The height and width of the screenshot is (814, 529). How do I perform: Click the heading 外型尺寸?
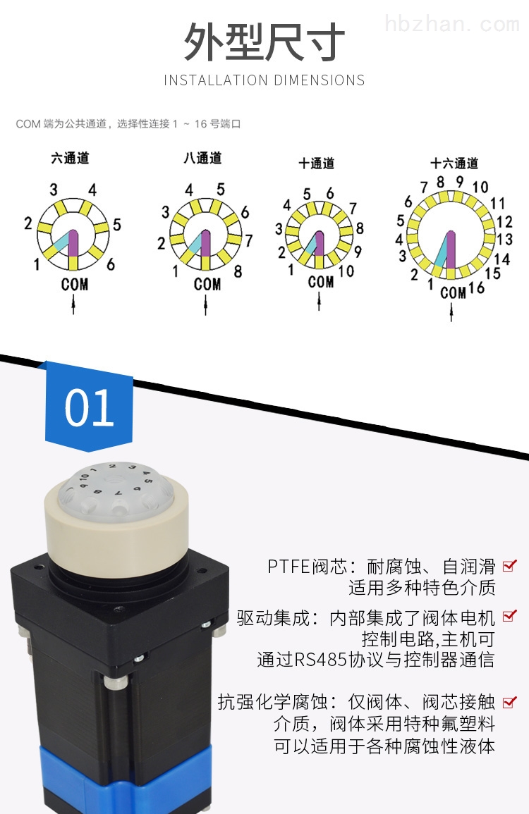[264, 42]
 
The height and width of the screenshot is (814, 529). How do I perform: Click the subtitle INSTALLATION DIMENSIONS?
[264, 80]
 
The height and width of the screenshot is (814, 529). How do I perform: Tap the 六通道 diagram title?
[70, 158]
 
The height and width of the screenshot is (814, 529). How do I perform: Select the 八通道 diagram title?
[202, 158]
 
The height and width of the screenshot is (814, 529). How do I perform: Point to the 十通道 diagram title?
[317, 163]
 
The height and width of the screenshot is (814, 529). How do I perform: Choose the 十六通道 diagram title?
[454, 163]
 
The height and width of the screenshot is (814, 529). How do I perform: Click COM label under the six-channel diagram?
[74, 285]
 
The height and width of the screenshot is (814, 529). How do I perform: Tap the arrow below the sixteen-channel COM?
[451, 312]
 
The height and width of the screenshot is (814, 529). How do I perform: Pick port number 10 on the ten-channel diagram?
[346, 271]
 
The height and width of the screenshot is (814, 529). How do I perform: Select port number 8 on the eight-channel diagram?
[238, 271]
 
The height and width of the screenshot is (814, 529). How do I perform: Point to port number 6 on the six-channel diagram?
[111, 264]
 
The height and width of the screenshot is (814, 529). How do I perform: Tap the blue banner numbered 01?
[89, 407]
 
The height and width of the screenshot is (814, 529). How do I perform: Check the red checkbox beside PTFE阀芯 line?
[510, 565]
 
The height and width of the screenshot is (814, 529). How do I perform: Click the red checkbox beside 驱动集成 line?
[510, 616]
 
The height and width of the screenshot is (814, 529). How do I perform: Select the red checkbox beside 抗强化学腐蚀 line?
[510, 702]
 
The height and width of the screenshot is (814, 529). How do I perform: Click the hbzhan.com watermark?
[452, 25]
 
